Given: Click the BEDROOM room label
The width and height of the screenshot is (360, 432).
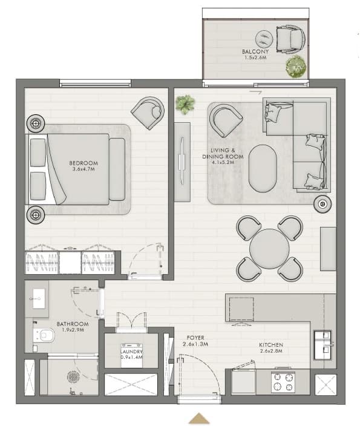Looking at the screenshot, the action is (x=83, y=163).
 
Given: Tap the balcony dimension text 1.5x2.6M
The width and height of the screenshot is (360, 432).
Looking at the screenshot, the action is (x=255, y=57).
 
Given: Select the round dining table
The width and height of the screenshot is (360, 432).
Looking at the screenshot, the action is (x=269, y=248).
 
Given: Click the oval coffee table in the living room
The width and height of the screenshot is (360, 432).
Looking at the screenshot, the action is (x=263, y=168).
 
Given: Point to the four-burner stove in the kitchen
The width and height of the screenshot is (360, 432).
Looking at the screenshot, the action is (x=283, y=382).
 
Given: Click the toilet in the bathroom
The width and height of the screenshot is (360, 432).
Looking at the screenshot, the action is (x=44, y=335).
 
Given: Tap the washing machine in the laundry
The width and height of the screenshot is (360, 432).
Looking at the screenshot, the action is (x=132, y=355).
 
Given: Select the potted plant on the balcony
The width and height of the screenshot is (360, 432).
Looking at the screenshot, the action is (x=296, y=67).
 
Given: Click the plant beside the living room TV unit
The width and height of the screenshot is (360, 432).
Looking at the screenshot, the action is (x=185, y=103).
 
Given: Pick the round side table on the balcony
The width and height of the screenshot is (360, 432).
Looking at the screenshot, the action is (x=264, y=39).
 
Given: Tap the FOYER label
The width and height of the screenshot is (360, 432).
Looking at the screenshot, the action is (x=195, y=338).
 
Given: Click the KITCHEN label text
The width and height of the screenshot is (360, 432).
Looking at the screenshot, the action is (x=271, y=345).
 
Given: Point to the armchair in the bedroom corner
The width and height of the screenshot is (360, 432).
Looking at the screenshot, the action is (x=148, y=113).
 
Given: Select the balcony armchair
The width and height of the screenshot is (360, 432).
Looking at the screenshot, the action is (x=291, y=39).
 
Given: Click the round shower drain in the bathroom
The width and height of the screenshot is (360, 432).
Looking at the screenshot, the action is (x=73, y=376).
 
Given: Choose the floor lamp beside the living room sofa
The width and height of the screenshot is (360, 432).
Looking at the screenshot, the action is (x=322, y=204).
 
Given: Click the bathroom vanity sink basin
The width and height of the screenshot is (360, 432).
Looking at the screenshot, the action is (x=36, y=298).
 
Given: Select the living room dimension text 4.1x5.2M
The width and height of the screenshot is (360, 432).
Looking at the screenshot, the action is (x=223, y=162).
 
